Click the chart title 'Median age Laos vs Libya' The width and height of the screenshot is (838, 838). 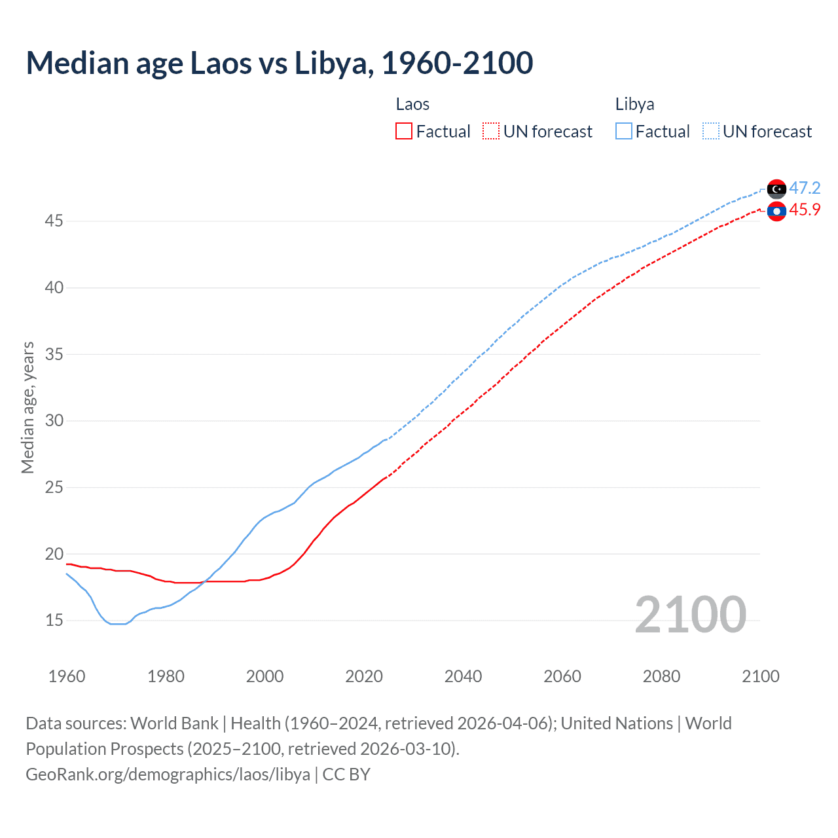(280, 64)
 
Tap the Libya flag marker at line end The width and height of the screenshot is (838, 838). (776, 189)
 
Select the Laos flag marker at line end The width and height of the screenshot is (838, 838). (776, 211)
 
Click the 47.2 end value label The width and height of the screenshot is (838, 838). (805, 189)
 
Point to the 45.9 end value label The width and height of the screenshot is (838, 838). (805, 210)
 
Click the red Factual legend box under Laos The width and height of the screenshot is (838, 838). (404, 132)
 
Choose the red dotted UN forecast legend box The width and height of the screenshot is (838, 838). (491, 132)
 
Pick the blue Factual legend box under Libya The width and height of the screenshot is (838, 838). (624, 132)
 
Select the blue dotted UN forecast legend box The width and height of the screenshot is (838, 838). (711, 132)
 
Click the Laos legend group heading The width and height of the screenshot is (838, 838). (412, 105)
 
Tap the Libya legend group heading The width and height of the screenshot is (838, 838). (634, 105)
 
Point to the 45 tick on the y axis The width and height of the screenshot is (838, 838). (54, 221)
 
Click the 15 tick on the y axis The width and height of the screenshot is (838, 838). (54, 620)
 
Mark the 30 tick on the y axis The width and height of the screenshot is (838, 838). (54, 420)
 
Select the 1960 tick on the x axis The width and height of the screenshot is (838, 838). (67, 676)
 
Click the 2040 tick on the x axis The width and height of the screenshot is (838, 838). (463, 676)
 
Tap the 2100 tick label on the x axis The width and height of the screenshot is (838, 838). (760, 676)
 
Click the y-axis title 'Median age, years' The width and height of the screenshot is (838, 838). (27, 407)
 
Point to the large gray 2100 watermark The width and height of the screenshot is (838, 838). (690, 614)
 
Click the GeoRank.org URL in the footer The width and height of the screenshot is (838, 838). (168, 774)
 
